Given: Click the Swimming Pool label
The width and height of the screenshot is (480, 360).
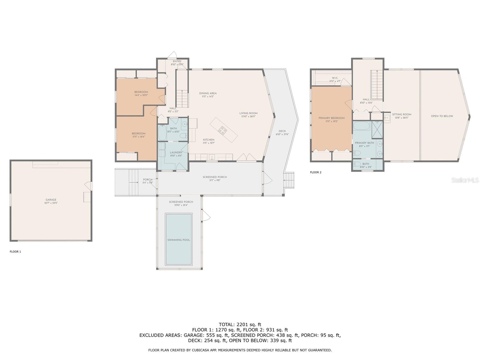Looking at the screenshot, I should coord(178,240).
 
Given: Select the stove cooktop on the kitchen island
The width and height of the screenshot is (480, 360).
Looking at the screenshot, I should coord(222,130).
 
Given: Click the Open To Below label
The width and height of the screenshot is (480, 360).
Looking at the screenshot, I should coord(442,116).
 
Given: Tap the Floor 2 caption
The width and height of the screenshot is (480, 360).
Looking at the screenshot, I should coord(316,172).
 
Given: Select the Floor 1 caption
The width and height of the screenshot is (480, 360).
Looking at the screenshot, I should coord(15,252).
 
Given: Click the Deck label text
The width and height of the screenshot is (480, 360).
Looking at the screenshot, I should coord(282,131).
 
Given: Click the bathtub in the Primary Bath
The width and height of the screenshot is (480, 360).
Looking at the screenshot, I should coord(361,126).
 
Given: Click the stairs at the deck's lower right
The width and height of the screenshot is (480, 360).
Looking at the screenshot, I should coord(289,180).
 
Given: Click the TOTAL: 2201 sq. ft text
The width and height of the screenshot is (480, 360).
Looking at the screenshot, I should coord(240,324).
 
